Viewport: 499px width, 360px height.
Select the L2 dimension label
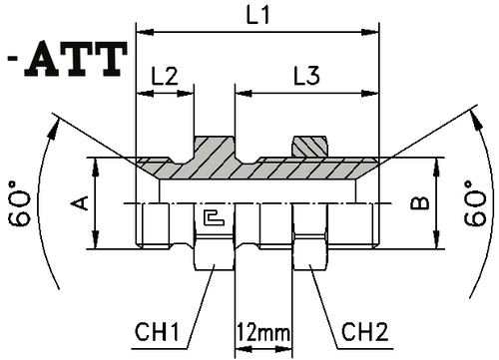tap(164, 76)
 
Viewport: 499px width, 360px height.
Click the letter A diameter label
tap(84, 203)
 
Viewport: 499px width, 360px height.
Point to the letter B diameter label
tap(422, 204)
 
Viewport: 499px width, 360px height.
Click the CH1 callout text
tap(159, 329)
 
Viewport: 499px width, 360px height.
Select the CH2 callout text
tap(364, 329)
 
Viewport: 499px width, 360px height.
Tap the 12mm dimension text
tap(258, 330)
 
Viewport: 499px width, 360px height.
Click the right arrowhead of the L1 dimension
tap(377, 32)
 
